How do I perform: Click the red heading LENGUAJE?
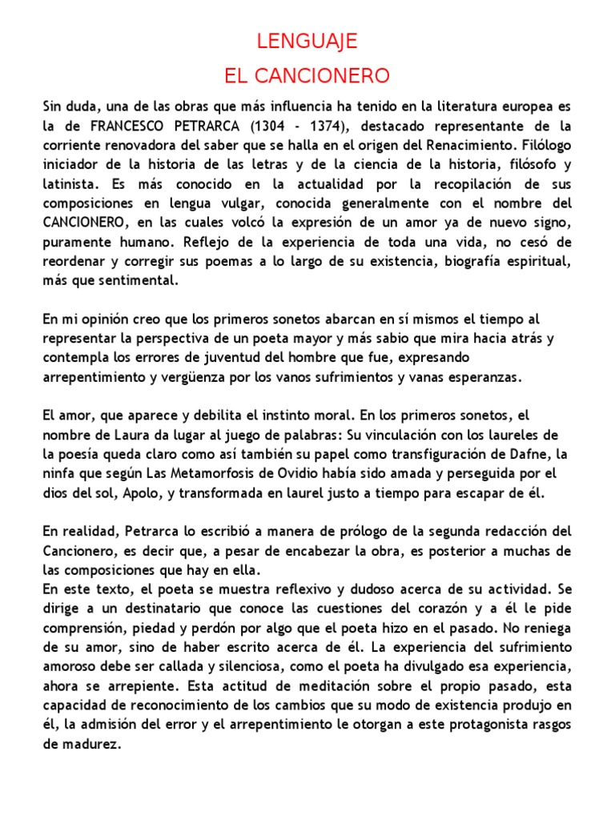click(307, 42)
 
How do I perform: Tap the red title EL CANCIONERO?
click(307, 77)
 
